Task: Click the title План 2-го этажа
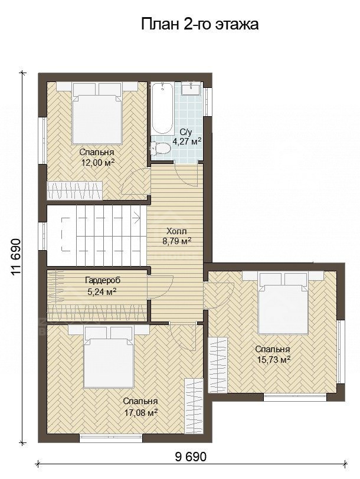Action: [x=200, y=24]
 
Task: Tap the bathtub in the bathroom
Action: [x=162, y=108]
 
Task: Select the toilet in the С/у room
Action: [x=160, y=148]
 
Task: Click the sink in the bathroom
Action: [x=191, y=88]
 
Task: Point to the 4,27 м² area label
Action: [x=187, y=142]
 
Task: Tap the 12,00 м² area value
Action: [x=98, y=162]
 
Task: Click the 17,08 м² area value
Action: [x=141, y=413]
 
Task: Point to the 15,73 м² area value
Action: [x=273, y=360]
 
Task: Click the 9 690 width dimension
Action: [x=191, y=457]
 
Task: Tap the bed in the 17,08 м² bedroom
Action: [x=109, y=356]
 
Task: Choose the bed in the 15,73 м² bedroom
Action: [x=283, y=303]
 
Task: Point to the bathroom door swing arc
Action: [x=187, y=178]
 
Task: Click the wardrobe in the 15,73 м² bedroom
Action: [x=218, y=365]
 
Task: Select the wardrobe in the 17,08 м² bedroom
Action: [x=194, y=405]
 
